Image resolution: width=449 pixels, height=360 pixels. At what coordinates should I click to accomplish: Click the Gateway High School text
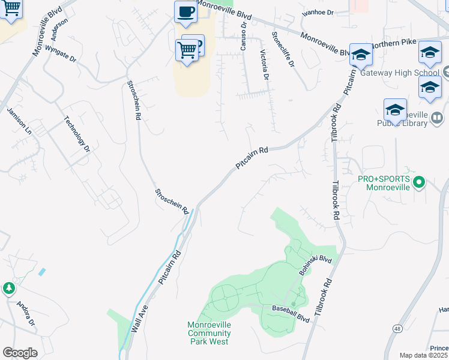pos(409,73)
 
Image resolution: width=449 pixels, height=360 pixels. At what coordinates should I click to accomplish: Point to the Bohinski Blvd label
pos(315,265)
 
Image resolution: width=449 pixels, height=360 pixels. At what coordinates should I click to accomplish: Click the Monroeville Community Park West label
pos(208,333)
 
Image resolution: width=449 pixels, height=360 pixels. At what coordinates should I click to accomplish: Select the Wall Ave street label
pos(138,317)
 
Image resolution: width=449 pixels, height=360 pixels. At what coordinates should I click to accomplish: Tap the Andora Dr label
pos(26,313)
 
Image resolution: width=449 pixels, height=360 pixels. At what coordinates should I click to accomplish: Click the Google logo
pos(20,353)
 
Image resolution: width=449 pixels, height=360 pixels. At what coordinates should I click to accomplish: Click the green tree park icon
pos(9,289)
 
